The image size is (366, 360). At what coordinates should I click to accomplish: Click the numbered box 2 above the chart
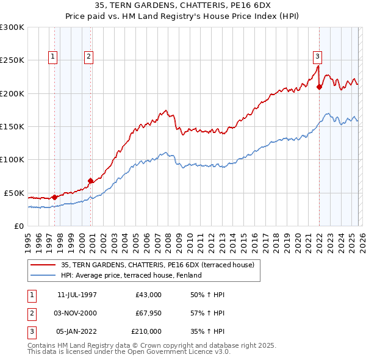(89, 57)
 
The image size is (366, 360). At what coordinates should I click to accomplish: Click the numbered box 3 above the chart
(317, 57)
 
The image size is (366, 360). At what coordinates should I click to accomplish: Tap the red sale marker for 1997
(54, 197)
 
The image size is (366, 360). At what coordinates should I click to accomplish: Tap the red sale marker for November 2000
(90, 181)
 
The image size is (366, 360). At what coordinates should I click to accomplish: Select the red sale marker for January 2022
(319, 87)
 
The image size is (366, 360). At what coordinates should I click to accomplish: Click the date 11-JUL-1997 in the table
(77, 295)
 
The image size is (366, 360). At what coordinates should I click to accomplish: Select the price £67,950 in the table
(146, 313)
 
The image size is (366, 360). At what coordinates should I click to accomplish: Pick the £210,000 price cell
(146, 331)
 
